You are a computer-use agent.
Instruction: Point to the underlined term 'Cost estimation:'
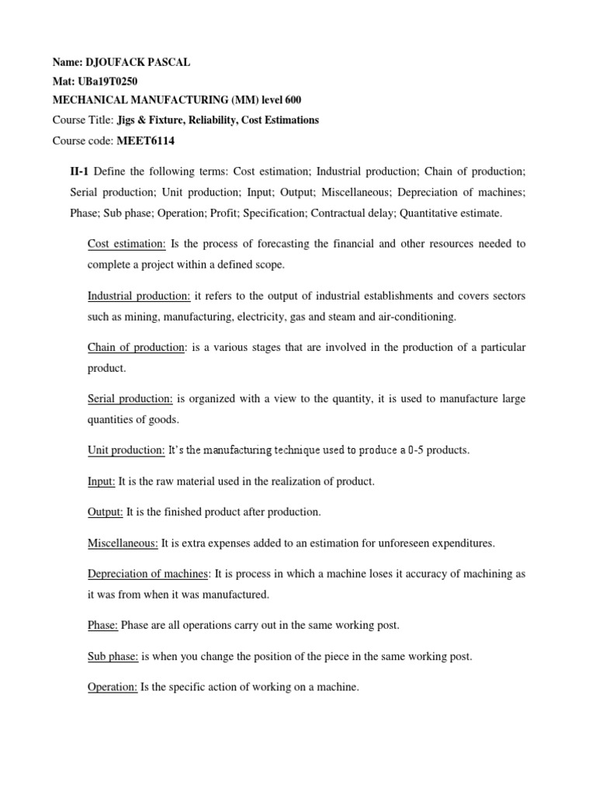(x=126, y=244)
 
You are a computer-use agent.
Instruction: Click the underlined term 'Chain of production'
(x=137, y=347)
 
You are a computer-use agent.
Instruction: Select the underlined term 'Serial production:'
(x=130, y=398)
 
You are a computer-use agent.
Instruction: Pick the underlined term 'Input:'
(x=102, y=481)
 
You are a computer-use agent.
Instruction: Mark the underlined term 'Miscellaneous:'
(x=123, y=543)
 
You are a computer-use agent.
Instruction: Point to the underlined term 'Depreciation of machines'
(x=148, y=574)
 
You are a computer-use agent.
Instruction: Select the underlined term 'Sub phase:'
(x=113, y=656)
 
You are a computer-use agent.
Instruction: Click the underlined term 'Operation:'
(x=113, y=687)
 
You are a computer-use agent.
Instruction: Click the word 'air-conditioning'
(x=419, y=316)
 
